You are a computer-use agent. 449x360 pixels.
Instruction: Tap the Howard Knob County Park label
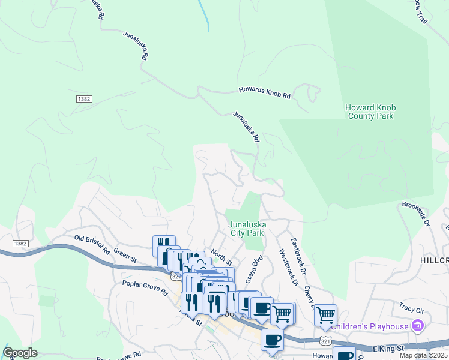[370, 112]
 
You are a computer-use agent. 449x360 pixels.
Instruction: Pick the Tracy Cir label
[411, 309]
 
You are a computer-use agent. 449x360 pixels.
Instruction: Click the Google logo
[20, 353]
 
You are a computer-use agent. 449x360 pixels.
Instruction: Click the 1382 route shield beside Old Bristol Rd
[20, 242]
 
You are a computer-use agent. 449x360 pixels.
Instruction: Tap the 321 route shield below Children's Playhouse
[325, 340]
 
